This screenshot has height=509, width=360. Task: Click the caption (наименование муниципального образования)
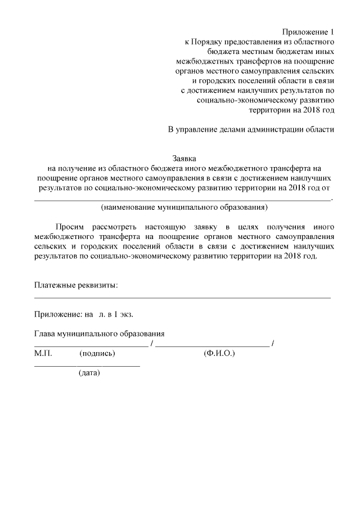[183, 208]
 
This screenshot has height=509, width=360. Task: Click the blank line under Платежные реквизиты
[183, 296]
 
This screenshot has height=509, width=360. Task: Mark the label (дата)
[89, 373]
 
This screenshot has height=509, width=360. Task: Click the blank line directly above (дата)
[87, 366]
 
